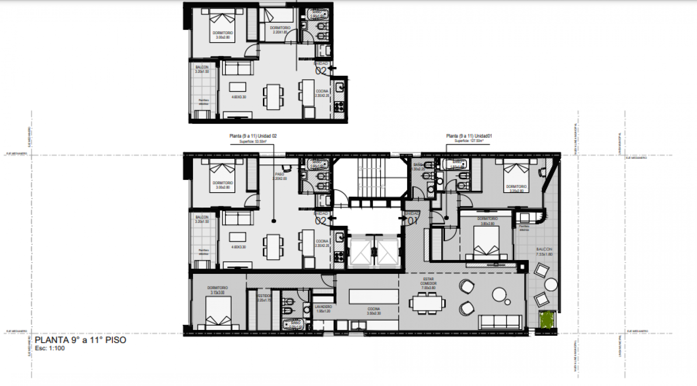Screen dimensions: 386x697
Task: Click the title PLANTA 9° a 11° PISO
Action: tap(80, 340)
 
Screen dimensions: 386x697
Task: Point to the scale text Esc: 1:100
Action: tap(50, 348)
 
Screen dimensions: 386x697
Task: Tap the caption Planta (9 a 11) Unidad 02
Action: tap(253, 136)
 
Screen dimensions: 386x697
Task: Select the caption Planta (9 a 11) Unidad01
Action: tap(469, 136)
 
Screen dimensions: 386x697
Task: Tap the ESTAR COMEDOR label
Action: tap(428, 283)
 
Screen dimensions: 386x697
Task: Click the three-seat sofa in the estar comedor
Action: tap(500, 321)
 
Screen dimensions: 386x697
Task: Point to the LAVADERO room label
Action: tap(324, 309)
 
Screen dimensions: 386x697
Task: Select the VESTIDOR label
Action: tap(264, 298)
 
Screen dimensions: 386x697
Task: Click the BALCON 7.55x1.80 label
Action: tap(544, 252)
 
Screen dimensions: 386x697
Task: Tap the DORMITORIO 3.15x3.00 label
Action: tap(217, 290)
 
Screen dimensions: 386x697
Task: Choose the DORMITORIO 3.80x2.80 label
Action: tap(487, 221)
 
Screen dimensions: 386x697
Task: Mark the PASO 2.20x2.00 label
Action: tap(280, 176)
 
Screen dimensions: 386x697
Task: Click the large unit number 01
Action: tap(413, 221)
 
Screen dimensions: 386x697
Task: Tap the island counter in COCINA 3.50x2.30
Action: tap(373, 297)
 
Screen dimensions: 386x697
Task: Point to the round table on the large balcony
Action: tap(551, 284)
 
